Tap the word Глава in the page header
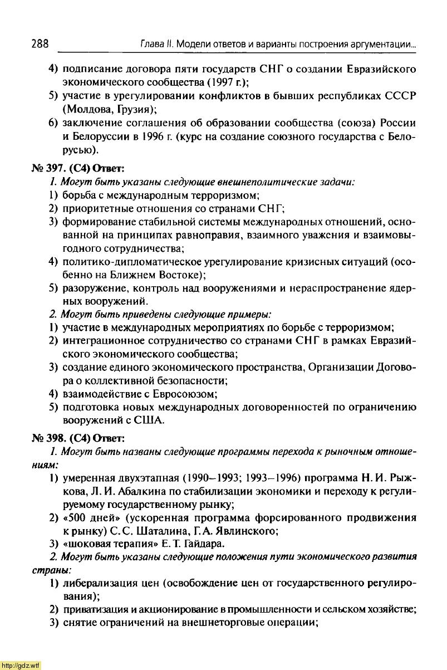click(x=139, y=43)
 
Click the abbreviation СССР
click(x=399, y=95)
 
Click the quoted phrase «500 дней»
click(x=89, y=518)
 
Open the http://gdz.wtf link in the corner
click(x=21, y=665)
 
